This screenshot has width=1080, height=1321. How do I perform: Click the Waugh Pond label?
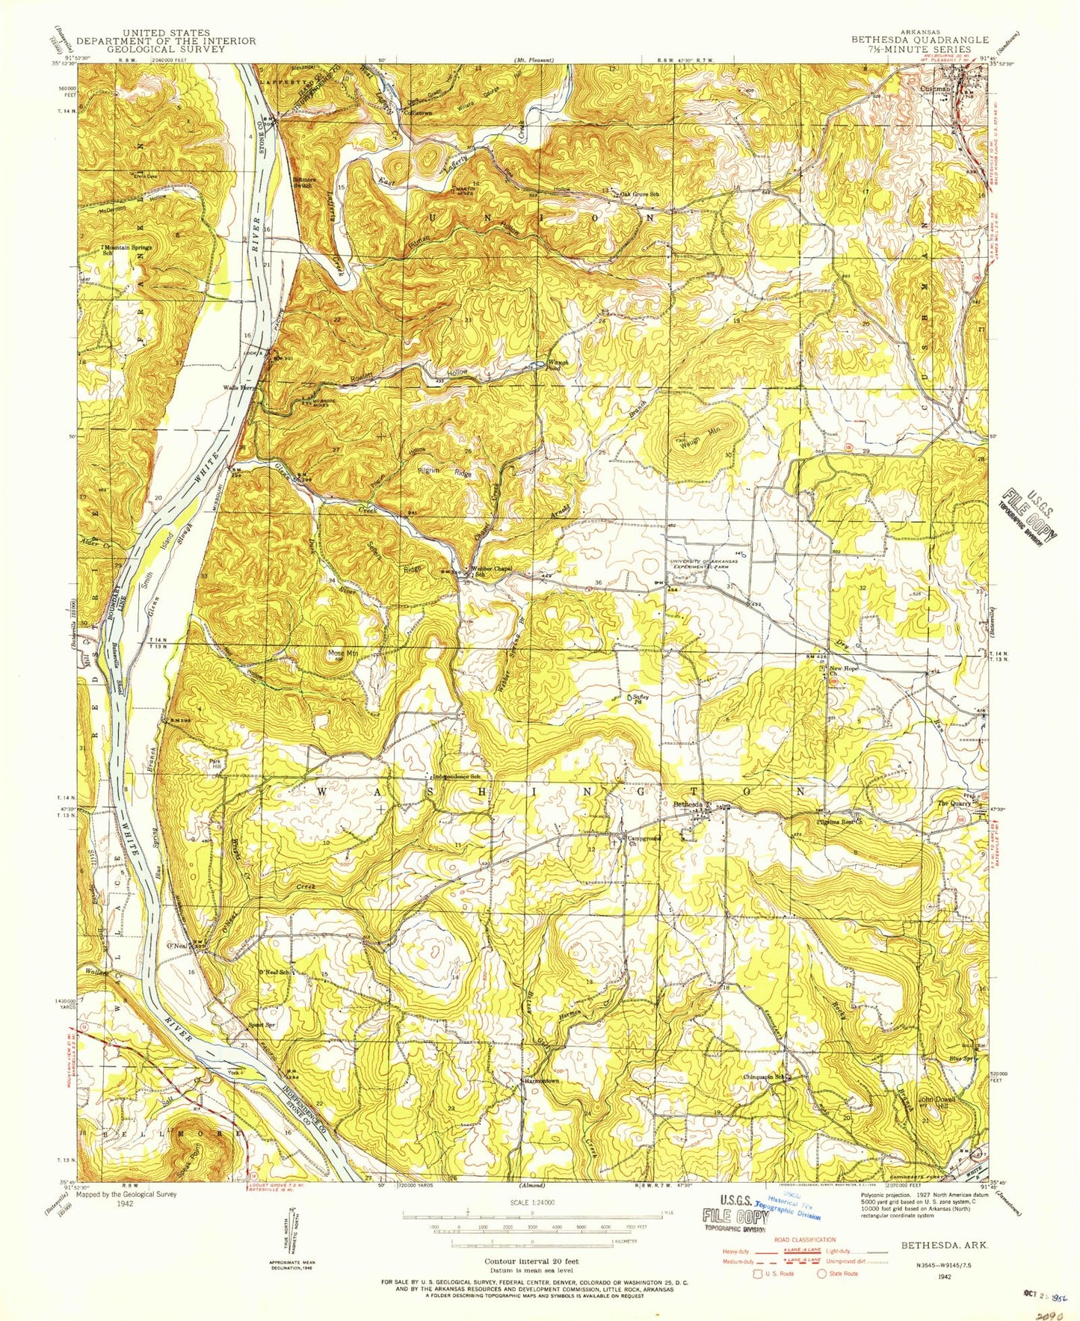click(x=559, y=362)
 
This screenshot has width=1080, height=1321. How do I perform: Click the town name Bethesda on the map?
click(x=688, y=804)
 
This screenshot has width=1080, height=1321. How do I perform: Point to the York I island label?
click(x=235, y=1073)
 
